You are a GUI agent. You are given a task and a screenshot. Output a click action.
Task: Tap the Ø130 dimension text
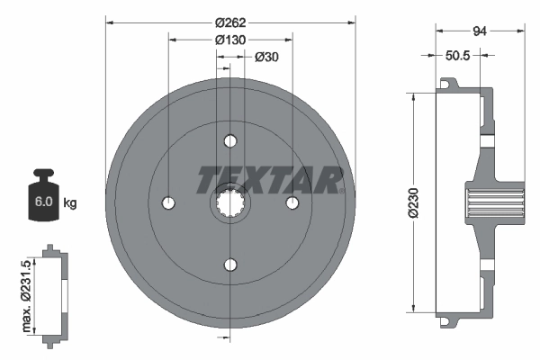230,40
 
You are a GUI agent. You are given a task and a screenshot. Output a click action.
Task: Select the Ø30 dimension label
265,58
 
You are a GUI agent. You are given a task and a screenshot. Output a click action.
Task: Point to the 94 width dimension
480,30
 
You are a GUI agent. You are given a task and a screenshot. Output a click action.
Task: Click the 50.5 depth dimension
460,55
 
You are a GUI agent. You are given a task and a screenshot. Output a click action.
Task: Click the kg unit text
70,203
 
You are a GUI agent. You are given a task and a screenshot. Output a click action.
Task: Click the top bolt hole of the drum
230,141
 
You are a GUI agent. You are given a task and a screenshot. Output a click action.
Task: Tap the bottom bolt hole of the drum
230,265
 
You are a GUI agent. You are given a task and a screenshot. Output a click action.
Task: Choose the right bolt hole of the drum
292,203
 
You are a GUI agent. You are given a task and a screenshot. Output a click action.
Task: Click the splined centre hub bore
230,203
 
